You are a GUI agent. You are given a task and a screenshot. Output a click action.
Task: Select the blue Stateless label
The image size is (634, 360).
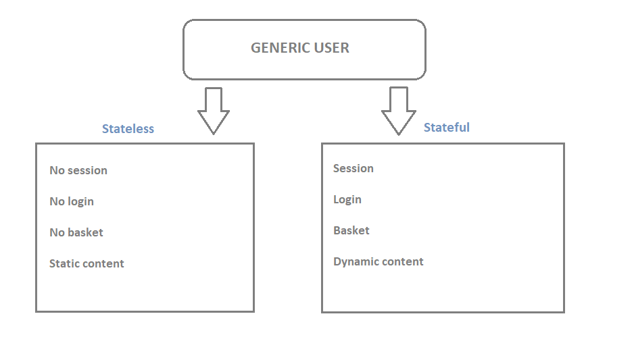tap(128, 128)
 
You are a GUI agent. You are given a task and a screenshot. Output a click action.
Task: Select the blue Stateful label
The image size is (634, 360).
tap(446, 127)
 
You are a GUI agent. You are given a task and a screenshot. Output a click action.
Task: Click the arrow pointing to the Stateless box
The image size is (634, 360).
tap(214, 111)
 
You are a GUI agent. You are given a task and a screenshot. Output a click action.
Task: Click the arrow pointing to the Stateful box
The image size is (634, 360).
tap(399, 111)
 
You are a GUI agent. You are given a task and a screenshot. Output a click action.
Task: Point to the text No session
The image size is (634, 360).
tap(78, 170)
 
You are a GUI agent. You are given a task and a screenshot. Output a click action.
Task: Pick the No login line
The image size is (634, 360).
tap(72, 202)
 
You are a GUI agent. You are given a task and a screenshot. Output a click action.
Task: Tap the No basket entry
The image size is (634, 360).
tap(76, 232)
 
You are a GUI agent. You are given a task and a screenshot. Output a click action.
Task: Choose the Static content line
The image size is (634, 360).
tap(87, 263)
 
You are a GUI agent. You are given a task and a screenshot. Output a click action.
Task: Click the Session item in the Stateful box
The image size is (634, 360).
tap(353, 168)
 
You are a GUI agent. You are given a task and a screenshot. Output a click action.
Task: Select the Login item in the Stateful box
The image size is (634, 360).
tap(347, 200)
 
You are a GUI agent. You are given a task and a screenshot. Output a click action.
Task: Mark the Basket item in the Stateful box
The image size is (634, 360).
tap(351, 230)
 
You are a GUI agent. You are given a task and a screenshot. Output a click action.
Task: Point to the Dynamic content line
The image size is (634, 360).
tap(379, 262)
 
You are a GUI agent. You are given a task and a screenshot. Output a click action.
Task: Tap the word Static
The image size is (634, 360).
tap(62, 263)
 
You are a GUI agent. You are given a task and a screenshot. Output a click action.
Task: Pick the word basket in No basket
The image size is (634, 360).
tap(85, 232)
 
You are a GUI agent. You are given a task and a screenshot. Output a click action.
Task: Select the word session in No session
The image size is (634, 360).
tap(87, 170)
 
